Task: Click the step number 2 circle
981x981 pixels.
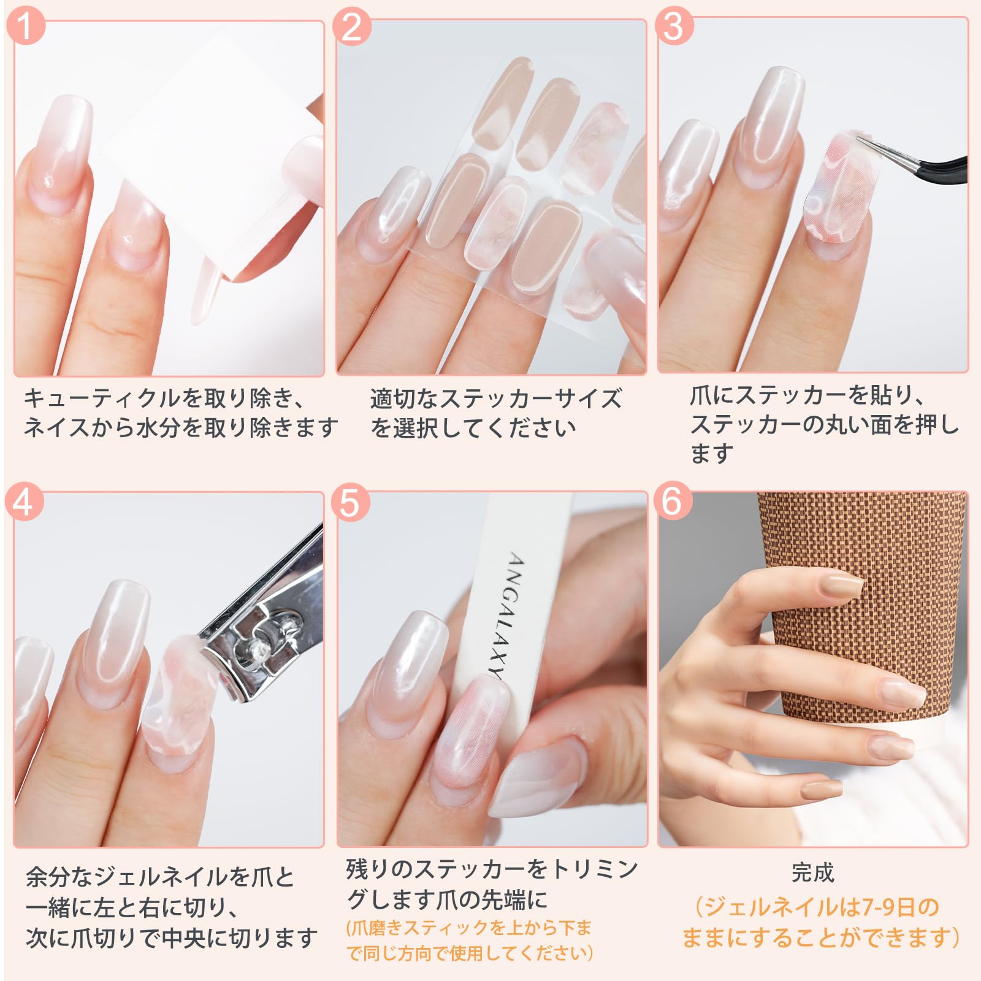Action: (351, 26)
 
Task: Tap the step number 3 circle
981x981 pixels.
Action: (674, 26)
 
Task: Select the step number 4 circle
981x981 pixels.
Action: (24, 502)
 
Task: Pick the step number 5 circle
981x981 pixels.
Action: (350, 502)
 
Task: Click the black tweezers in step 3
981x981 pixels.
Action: (926, 163)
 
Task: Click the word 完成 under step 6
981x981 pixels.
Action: (812, 872)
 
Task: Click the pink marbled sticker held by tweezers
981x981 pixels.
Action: (837, 190)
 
